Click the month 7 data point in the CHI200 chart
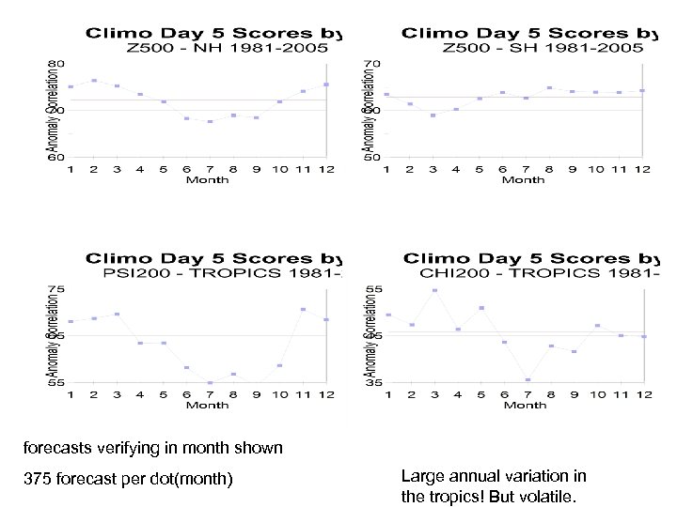(528, 379)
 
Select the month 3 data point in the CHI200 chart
(435, 290)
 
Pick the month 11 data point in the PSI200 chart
(303, 309)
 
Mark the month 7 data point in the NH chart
(210, 121)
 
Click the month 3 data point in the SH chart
(433, 115)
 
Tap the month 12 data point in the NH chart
(325, 84)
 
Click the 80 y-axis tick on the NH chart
(57, 63)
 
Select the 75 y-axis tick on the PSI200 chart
(57, 288)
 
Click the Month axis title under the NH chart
(206, 179)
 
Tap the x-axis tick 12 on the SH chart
(642, 169)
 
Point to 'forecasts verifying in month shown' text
(153, 448)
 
